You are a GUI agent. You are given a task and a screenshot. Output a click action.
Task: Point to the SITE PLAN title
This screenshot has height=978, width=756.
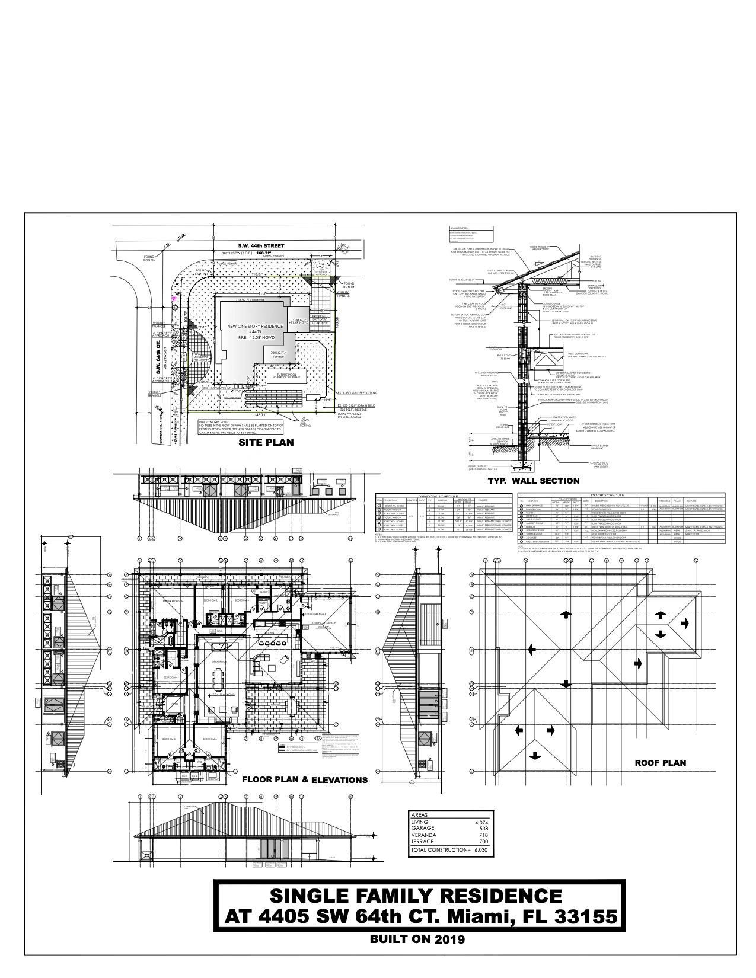tap(266, 442)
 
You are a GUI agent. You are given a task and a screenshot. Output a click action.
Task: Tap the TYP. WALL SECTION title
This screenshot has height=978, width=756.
tap(533, 481)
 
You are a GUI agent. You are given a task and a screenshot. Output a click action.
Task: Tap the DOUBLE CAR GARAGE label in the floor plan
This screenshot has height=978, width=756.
tap(325, 623)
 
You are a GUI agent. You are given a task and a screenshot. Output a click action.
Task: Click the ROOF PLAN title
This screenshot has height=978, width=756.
tap(660, 763)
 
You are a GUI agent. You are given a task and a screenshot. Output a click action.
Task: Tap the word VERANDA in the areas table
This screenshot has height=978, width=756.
tap(423, 835)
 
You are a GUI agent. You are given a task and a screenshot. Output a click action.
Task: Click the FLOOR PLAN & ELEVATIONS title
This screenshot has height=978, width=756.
tap(304, 780)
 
